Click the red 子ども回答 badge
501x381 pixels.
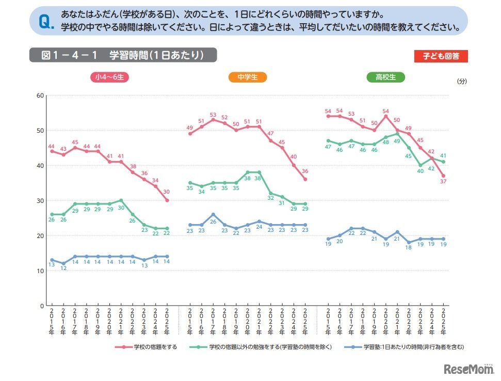click(x=441, y=56)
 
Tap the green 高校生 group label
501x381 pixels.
click(x=385, y=77)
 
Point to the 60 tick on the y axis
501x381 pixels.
click(x=40, y=96)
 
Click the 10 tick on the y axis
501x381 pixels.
click(x=40, y=271)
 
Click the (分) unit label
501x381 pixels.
click(x=462, y=82)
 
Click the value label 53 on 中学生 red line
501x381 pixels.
click(x=213, y=115)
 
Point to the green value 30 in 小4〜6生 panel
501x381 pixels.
click(x=121, y=208)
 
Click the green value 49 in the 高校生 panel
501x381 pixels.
click(x=397, y=141)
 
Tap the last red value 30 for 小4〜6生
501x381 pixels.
click(x=167, y=192)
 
